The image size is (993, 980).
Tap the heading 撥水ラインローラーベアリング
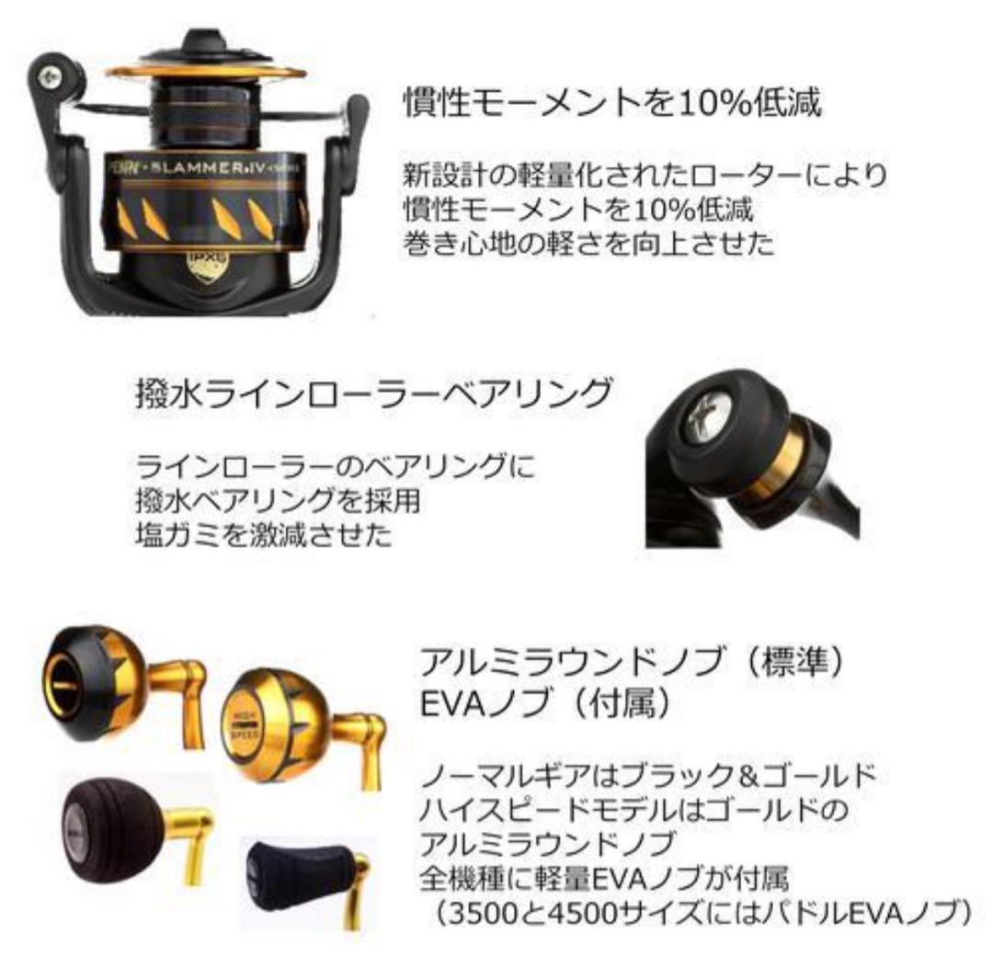(x=371, y=396)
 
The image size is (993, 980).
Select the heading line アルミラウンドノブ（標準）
(x=638, y=664)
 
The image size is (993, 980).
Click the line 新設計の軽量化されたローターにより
(x=644, y=174)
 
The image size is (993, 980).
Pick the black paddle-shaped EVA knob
(x=294, y=873)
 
